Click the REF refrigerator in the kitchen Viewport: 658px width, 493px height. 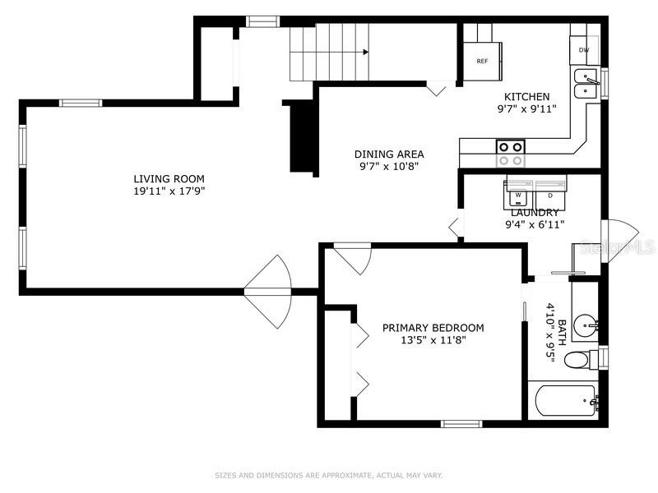(x=483, y=61)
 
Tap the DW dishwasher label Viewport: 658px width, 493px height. (x=584, y=50)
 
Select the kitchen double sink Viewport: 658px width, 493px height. (x=586, y=84)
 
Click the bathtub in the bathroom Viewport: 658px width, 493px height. (x=566, y=400)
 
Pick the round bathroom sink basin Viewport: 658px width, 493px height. (x=585, y=325)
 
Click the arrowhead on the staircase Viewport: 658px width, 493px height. (x=366, y=52)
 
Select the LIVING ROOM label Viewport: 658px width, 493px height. (x=169, y=178)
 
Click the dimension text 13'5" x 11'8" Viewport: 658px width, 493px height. (x=433, y=340)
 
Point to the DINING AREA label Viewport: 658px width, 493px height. (x=389, y=154)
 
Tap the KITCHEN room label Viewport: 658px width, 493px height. (x=526, y=96)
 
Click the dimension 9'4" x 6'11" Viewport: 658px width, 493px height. (x=535, y=224)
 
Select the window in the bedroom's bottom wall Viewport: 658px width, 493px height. (x=461, y=424)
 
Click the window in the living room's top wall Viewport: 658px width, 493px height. (x=81, y=104)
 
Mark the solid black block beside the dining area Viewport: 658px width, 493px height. (x=302, y=136)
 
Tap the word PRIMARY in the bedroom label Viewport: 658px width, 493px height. (x=405, y=327)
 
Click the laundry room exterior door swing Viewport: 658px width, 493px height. (x=620, y=241)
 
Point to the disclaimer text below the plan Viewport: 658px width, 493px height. (x=329, y=476)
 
